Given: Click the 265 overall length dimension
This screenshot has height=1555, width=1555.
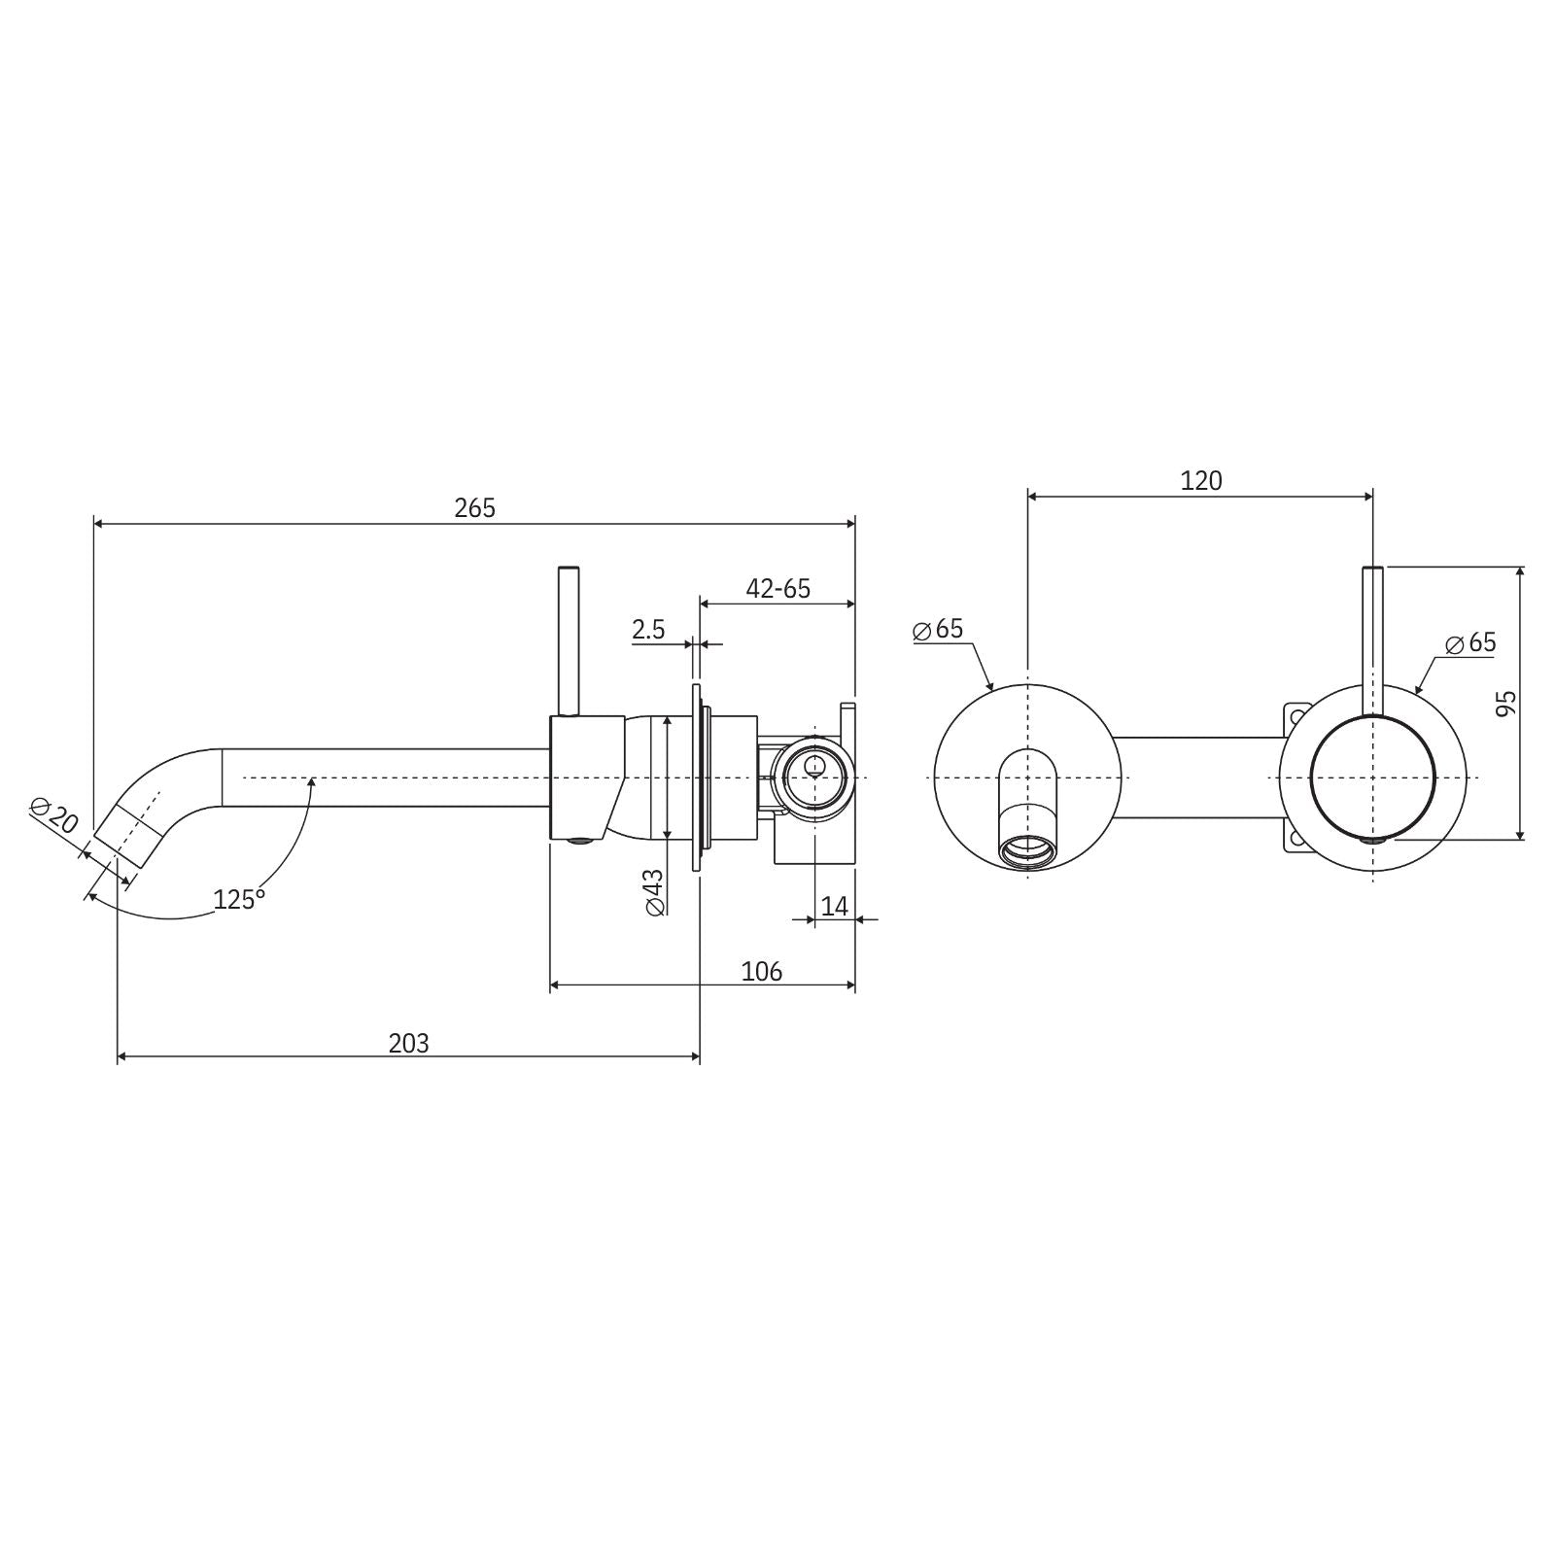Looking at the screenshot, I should coord(474,508).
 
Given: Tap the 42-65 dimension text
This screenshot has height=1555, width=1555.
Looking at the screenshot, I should coord(777,588).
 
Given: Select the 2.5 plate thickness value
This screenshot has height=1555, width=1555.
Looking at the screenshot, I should coord(648,630).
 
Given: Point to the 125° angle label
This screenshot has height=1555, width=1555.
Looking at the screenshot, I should coord(239,900).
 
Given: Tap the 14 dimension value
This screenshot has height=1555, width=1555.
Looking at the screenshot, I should coord(834,906).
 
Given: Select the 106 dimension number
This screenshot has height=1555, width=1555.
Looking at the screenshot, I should coord(761,971).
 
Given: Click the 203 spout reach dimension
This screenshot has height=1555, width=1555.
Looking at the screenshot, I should coord(408,1043).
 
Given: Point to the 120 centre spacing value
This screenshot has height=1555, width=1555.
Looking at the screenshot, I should coord(1201,480).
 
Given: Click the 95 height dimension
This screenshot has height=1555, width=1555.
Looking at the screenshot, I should coord(1505,703).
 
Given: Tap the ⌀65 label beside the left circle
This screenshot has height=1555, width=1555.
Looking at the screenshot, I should coord(939,629).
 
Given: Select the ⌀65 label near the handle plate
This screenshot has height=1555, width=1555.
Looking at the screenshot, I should coord(1470,642).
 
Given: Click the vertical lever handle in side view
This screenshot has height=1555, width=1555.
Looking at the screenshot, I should coord(568,637).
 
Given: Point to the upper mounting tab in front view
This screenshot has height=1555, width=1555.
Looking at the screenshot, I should coord(1295,716).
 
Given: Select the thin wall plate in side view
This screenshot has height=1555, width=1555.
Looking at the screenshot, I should coord(697,777).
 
